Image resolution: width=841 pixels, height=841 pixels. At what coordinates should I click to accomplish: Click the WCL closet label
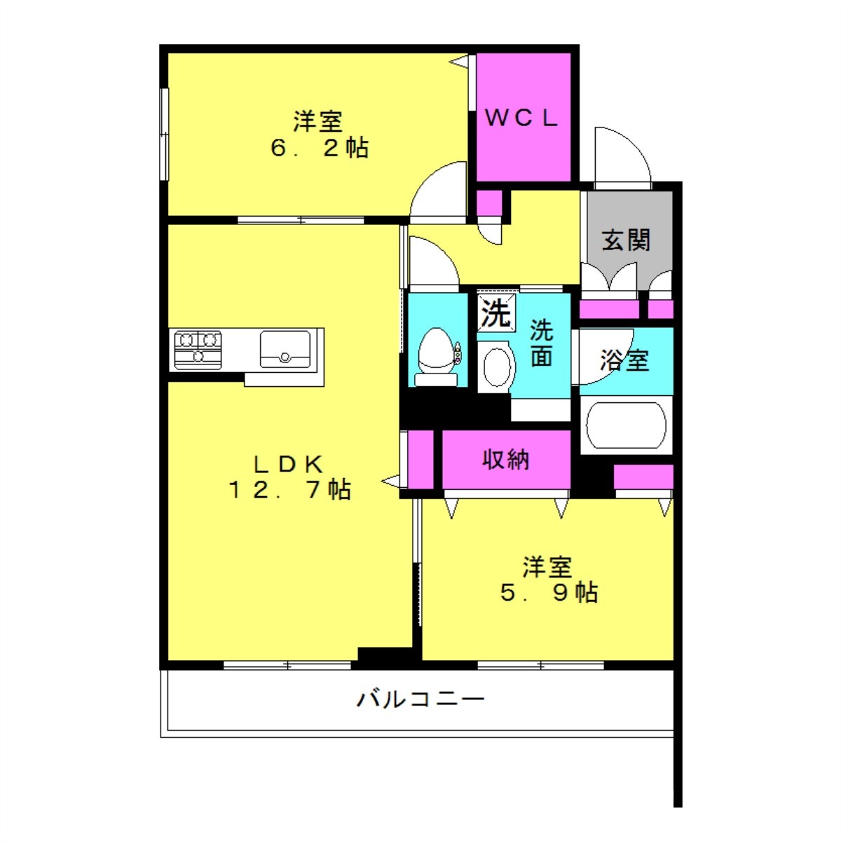[x=521, y=118]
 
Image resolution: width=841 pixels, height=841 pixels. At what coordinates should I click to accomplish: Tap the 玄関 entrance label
[x=626, y=240]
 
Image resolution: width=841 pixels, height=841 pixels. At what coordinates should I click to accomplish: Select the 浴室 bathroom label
[x=624, y=360]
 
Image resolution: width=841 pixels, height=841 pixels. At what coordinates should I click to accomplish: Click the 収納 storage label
[x=505, y=460]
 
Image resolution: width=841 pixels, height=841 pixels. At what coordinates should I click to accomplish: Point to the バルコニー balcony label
[x=420, y=699]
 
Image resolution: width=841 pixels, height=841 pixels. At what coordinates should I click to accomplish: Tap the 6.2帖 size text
[x=320, y=148]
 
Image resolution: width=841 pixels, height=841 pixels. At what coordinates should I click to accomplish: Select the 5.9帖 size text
[x=549, y=593]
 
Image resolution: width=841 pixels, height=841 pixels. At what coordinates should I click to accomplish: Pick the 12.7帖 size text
[x=289, y=489]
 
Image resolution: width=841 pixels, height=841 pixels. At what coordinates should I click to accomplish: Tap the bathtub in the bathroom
[x=625, y=425]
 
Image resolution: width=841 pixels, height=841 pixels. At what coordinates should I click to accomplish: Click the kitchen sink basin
[x=285, y=348]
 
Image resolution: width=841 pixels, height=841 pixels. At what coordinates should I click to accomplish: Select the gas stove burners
[x=198, y=348]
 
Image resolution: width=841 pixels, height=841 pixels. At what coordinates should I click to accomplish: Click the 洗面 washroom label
[x=541, y=343]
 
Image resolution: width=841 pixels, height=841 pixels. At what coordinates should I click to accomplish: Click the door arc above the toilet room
[x=432, y=261]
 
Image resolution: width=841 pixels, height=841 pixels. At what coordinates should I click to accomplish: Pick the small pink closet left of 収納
[x=420, y=458]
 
